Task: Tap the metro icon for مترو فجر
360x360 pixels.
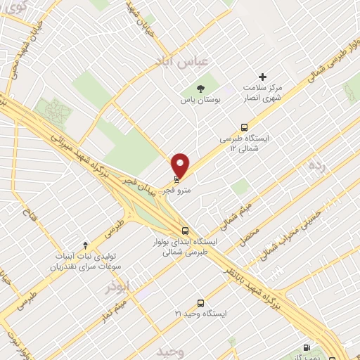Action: point(176,180)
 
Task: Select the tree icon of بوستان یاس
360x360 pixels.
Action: point(202,89)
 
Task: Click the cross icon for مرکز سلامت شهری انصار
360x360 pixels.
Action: point(263,76)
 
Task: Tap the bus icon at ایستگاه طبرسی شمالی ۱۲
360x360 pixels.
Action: point(243,128)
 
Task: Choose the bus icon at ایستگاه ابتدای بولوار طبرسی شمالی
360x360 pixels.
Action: point(185,230)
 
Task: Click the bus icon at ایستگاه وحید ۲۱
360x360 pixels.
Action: point(201,303)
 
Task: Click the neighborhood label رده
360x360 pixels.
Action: point(314,166)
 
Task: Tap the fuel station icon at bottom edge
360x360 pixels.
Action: point(306,347)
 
